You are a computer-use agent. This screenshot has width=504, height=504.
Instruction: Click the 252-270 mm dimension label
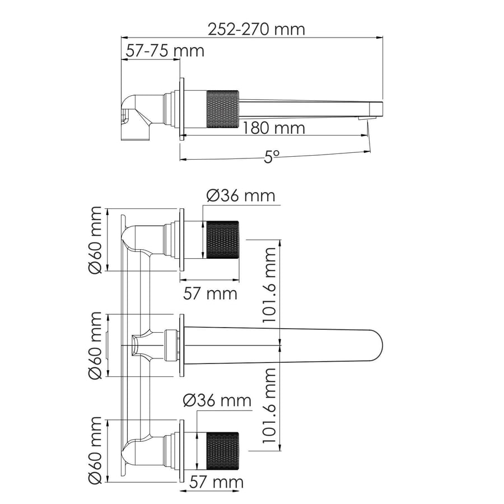[x=256, y=29]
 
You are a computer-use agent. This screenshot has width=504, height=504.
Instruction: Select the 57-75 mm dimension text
[x=165, y=51]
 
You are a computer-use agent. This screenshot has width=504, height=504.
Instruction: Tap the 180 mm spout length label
[x=273, y=128]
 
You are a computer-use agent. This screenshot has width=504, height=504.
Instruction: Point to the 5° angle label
[x=272, y=157]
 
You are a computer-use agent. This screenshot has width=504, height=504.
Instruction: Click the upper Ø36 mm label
[x=241, y=195]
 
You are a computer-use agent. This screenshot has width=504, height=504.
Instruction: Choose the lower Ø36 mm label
[x=217, y=400]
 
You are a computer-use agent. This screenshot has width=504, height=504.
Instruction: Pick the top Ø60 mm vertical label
[x=95, y=240]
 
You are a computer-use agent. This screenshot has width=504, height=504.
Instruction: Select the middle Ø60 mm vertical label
[x=95, y=345]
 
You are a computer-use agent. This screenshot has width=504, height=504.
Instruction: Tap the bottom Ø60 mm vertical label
[x=95, y=450]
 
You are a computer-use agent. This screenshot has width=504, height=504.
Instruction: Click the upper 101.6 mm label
[x=269, y=285]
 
